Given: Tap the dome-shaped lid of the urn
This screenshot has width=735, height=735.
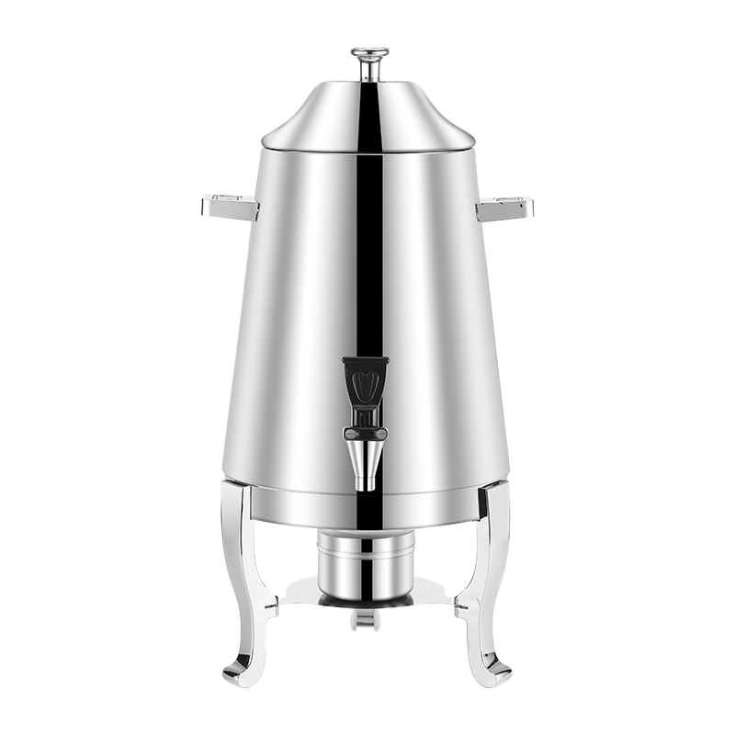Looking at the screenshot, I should coord(367,110).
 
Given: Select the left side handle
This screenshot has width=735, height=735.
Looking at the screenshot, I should coord(230,208).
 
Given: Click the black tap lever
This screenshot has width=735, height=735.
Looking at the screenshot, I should coord(365,379).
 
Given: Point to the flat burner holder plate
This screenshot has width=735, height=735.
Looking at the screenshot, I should coord(312,593).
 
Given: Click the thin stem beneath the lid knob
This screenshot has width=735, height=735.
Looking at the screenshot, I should coord(368,71).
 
